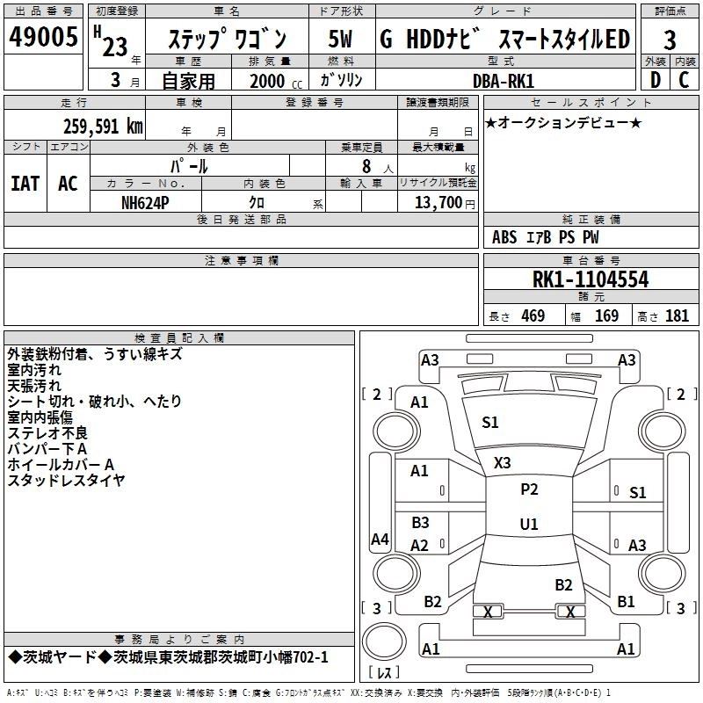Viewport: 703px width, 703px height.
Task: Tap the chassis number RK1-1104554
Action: pos(591,279)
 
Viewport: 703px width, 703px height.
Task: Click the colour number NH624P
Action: pos(145,201)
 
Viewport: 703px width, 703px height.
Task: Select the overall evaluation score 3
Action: pos(670,40)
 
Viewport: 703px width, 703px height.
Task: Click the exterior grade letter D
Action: pos(655,81)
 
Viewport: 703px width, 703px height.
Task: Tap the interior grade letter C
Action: pos(684,81)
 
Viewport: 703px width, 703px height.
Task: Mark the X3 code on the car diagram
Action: pos(503,462)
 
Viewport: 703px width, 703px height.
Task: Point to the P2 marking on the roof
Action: pos(529,489)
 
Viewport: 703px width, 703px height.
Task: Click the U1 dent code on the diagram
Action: pos(529,524)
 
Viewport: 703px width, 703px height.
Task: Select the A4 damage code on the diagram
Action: pos(380,540)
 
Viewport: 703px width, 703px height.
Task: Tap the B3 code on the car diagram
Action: pos(421,523)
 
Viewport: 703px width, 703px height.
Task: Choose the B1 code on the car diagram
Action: pos(626,602)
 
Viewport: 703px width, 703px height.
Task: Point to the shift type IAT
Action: pos(25,184)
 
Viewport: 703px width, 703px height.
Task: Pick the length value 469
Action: pos(533,316)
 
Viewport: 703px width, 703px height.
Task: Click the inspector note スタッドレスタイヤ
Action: pos(66,480)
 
